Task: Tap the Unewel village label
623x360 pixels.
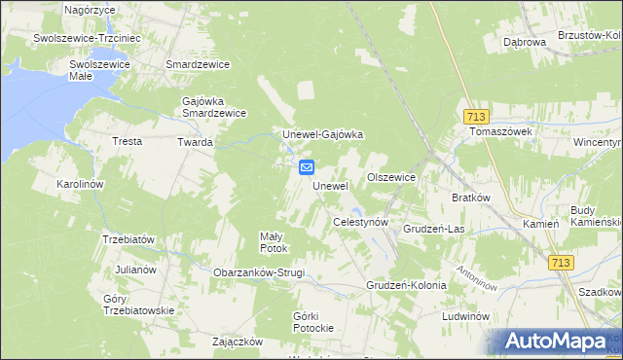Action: (x=330, y=185)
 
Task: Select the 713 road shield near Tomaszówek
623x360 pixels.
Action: (x=474, y=114)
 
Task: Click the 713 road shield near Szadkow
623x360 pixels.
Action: (x=561, y=263)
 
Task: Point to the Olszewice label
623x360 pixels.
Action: (x=391, y=177)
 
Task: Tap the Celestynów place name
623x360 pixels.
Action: (x=361, y=222)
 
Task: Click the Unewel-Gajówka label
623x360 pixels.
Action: (x=322, y=134)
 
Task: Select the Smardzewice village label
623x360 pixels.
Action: (x=198, y=64)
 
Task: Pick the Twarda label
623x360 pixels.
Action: (x=195, y=142)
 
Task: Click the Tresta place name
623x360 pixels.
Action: (x=128, y=141)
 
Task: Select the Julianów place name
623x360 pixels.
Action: (x=135, y=269)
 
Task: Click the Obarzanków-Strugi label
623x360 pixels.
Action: (x=259, y=272)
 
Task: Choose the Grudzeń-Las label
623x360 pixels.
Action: (x=433, y=229)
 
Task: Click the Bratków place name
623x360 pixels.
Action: (x=470, y=197)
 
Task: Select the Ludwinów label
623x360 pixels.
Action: (x=463, y=317)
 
